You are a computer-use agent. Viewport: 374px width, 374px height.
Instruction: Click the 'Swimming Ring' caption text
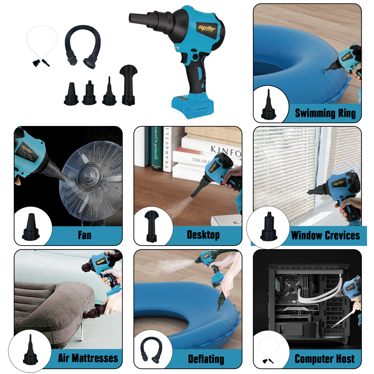325,113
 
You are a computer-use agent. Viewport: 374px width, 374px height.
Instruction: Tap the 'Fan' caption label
84,235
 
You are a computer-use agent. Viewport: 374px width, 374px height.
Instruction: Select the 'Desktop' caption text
203,235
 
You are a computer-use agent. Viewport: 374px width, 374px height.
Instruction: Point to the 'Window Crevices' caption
325,236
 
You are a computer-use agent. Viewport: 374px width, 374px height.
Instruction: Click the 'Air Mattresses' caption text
88,358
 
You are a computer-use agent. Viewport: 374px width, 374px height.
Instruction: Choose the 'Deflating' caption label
206,359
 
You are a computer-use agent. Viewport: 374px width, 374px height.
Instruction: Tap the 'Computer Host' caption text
324,359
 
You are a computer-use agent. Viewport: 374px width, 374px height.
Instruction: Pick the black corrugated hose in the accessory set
83,46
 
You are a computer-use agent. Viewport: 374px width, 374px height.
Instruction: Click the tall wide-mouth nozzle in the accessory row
128,85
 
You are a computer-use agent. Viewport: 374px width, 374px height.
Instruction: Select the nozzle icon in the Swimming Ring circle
268,105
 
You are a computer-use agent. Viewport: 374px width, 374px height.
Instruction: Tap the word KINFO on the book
226,151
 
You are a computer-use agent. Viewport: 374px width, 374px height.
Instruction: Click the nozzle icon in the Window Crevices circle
269,227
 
